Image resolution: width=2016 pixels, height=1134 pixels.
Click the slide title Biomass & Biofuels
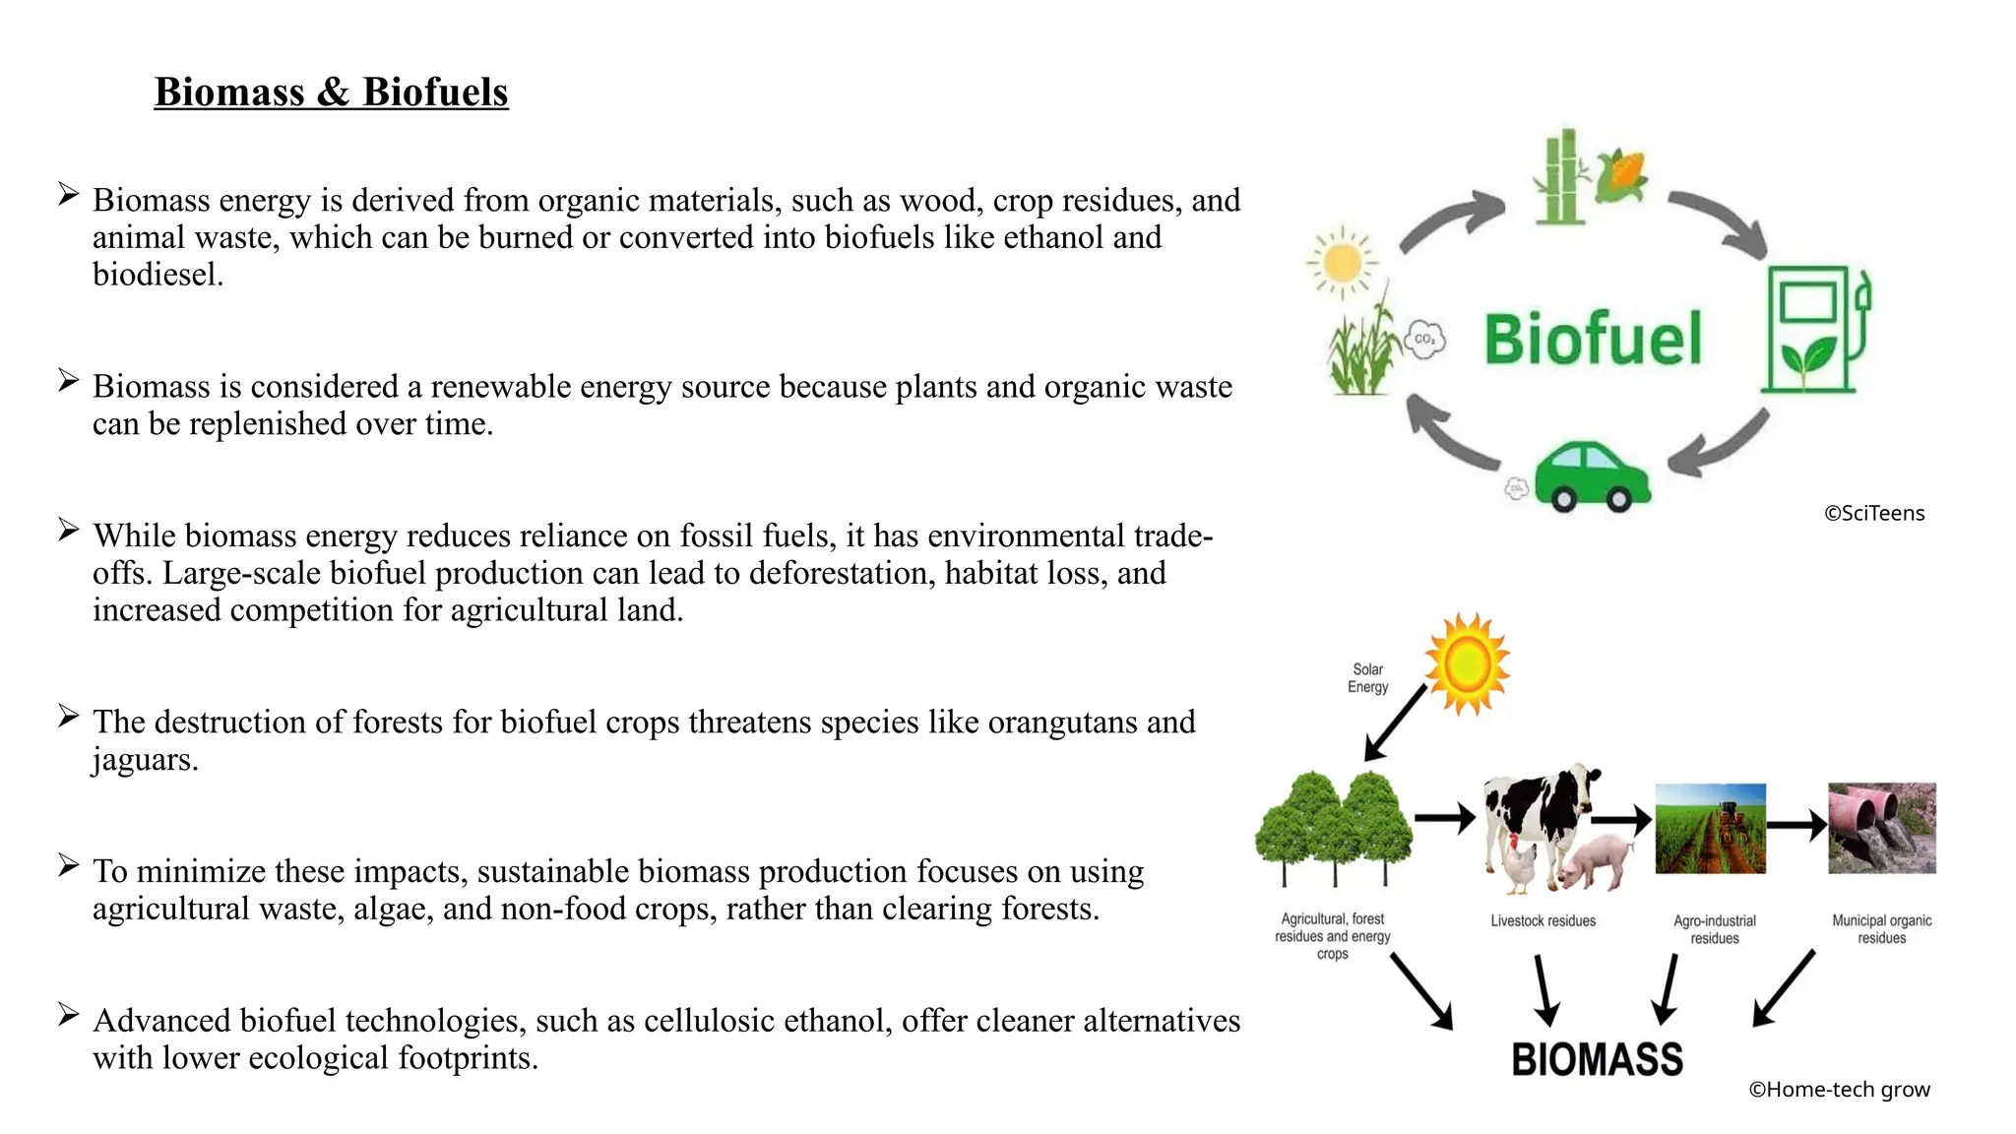[x=331, y=93]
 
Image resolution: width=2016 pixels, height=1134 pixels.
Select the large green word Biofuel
[x=1593, y=339]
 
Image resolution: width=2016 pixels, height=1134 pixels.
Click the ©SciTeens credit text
[x=1873, y=514]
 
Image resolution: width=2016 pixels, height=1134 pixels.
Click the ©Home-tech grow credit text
[x=1839, y=1090]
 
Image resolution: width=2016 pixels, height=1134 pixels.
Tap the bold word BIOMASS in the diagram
[x=1597, y=1060]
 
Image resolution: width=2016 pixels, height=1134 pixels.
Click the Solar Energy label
[x=1367, y=678]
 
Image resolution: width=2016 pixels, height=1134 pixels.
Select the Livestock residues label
[x=1543, y=921]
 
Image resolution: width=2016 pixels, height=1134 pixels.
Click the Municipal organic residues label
[x=1881, y=929]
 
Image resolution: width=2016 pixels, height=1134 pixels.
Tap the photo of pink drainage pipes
[x=1881, y=828]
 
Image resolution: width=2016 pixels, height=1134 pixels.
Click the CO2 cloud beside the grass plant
[x=1423, y=340]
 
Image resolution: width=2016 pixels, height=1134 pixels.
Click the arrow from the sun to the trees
[x=1395, y=724]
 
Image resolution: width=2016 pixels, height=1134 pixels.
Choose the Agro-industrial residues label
[x=1714, y=929]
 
